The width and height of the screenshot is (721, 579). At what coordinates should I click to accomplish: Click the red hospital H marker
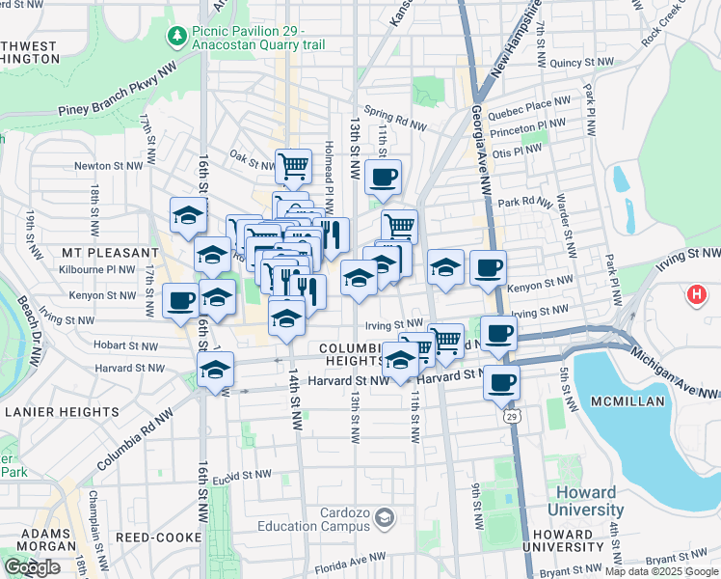click(696, 294)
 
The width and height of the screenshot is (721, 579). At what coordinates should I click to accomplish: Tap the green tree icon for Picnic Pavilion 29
click(177, 37)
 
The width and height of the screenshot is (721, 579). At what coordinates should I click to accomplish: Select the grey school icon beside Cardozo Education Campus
click(385, 520)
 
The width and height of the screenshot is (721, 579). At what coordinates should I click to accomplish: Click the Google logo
click(32, 567)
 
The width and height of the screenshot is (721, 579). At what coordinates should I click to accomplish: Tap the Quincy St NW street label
click(582, 63)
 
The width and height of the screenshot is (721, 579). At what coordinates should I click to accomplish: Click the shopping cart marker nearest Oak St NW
click(293, 165)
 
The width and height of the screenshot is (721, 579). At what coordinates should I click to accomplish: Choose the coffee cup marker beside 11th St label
click(383, 177)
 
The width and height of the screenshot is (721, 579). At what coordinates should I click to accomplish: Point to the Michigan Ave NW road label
click(676, 374)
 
